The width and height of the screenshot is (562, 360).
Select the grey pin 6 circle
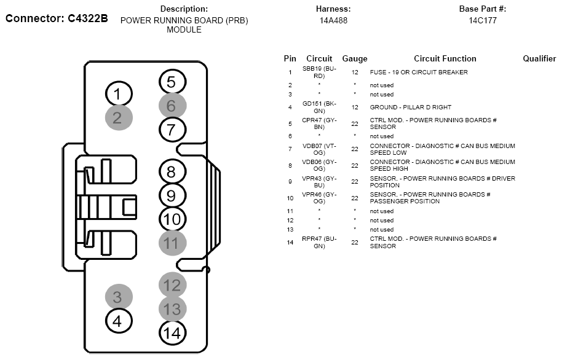click(x=172, y=106)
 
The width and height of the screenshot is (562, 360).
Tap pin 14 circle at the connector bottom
click(x=172, y=333)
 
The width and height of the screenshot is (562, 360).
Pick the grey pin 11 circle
click(x=172, y=243)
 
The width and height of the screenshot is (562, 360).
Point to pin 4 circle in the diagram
click(x=119, y=321)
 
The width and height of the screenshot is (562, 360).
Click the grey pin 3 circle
click(x=119, y=297)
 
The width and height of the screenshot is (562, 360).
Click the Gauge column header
click(x=354, y=59)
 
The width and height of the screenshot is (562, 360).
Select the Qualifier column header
click(x=539, y=58)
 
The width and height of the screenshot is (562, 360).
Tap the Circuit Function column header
click(x=445, y=58)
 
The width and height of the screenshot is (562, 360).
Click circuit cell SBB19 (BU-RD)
click(x=319, y=72)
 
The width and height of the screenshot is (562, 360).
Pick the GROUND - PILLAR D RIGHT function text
click(x=410, y=107)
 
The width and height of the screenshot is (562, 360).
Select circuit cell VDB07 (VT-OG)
click(x=319, y=149)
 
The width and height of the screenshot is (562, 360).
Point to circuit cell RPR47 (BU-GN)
click(x=319, y=243)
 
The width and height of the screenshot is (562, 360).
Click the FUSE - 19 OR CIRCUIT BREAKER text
click(x=419, y=72)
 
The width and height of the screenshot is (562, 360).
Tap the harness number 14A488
click(x=333, y=20)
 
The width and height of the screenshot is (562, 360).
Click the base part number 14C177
click(x=483, y=20)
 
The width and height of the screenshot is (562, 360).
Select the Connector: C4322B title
click(x=57, y=18)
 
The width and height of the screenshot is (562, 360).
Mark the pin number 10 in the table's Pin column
click(x=290, y=198)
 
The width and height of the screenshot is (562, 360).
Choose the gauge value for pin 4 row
click(x=354, y=107)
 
